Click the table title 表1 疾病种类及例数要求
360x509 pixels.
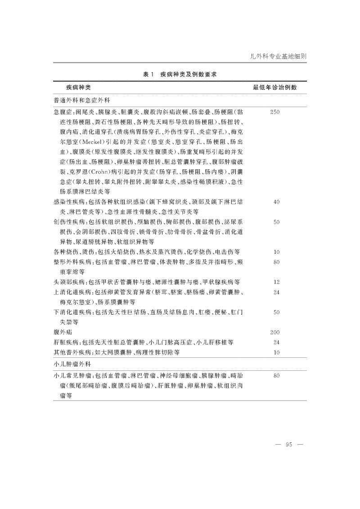(x=180, y=74)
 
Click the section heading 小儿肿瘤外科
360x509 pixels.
(x=73, y=363)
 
